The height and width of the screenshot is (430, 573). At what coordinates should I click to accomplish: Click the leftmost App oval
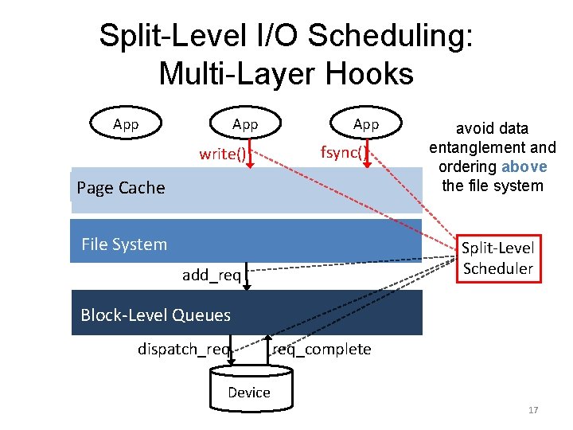tap(126, 124)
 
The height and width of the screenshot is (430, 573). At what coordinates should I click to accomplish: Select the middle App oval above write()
tap(245, 124)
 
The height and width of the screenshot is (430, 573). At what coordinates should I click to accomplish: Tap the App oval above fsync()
tap(366, 124)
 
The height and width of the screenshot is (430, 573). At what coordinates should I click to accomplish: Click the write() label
tap(222, 154)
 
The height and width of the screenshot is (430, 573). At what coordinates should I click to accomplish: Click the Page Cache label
tap(121, 188)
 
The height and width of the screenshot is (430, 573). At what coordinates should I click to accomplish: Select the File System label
tap(124, 244)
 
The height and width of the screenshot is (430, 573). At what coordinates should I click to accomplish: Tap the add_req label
tap(211, 275)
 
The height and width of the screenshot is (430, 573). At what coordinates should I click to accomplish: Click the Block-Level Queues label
tap(155, 315)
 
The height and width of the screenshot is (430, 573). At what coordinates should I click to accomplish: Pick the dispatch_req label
tap(184, 349)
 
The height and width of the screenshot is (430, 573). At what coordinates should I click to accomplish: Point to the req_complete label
tap(322, 349)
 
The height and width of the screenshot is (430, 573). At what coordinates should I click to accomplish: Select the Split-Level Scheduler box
tap(497, 258)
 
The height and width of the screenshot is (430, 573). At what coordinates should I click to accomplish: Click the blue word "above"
tap(524, 166)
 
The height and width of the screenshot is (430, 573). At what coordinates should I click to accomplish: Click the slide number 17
tap(532, 410)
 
